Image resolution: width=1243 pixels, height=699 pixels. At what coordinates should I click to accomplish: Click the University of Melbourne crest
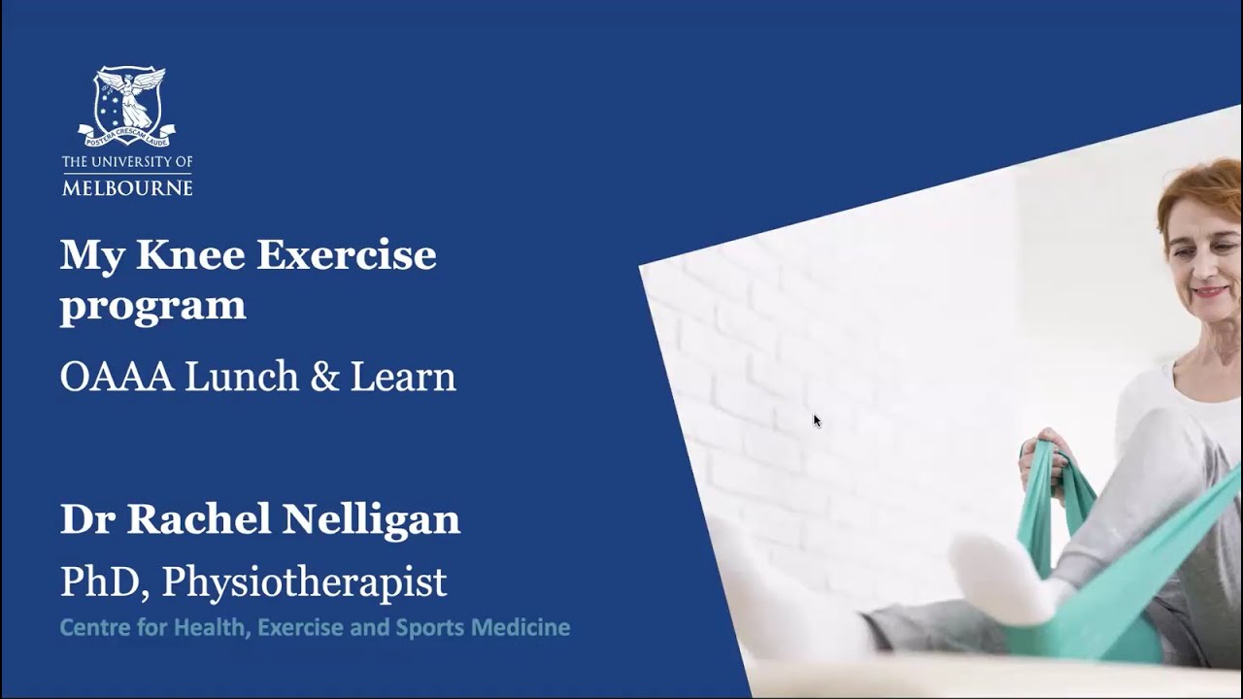[x=127, y=105]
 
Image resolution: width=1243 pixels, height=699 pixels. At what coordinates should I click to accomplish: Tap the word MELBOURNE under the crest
[x=127, y=186]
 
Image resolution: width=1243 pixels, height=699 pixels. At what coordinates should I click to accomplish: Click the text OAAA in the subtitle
[x=117, y=377]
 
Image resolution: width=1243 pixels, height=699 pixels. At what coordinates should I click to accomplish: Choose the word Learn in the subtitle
[x=403, y=377]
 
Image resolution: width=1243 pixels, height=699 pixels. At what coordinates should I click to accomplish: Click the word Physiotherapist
[x=304, y=582]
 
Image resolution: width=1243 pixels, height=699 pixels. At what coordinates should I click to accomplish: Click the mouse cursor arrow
[x=817, y=420]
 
